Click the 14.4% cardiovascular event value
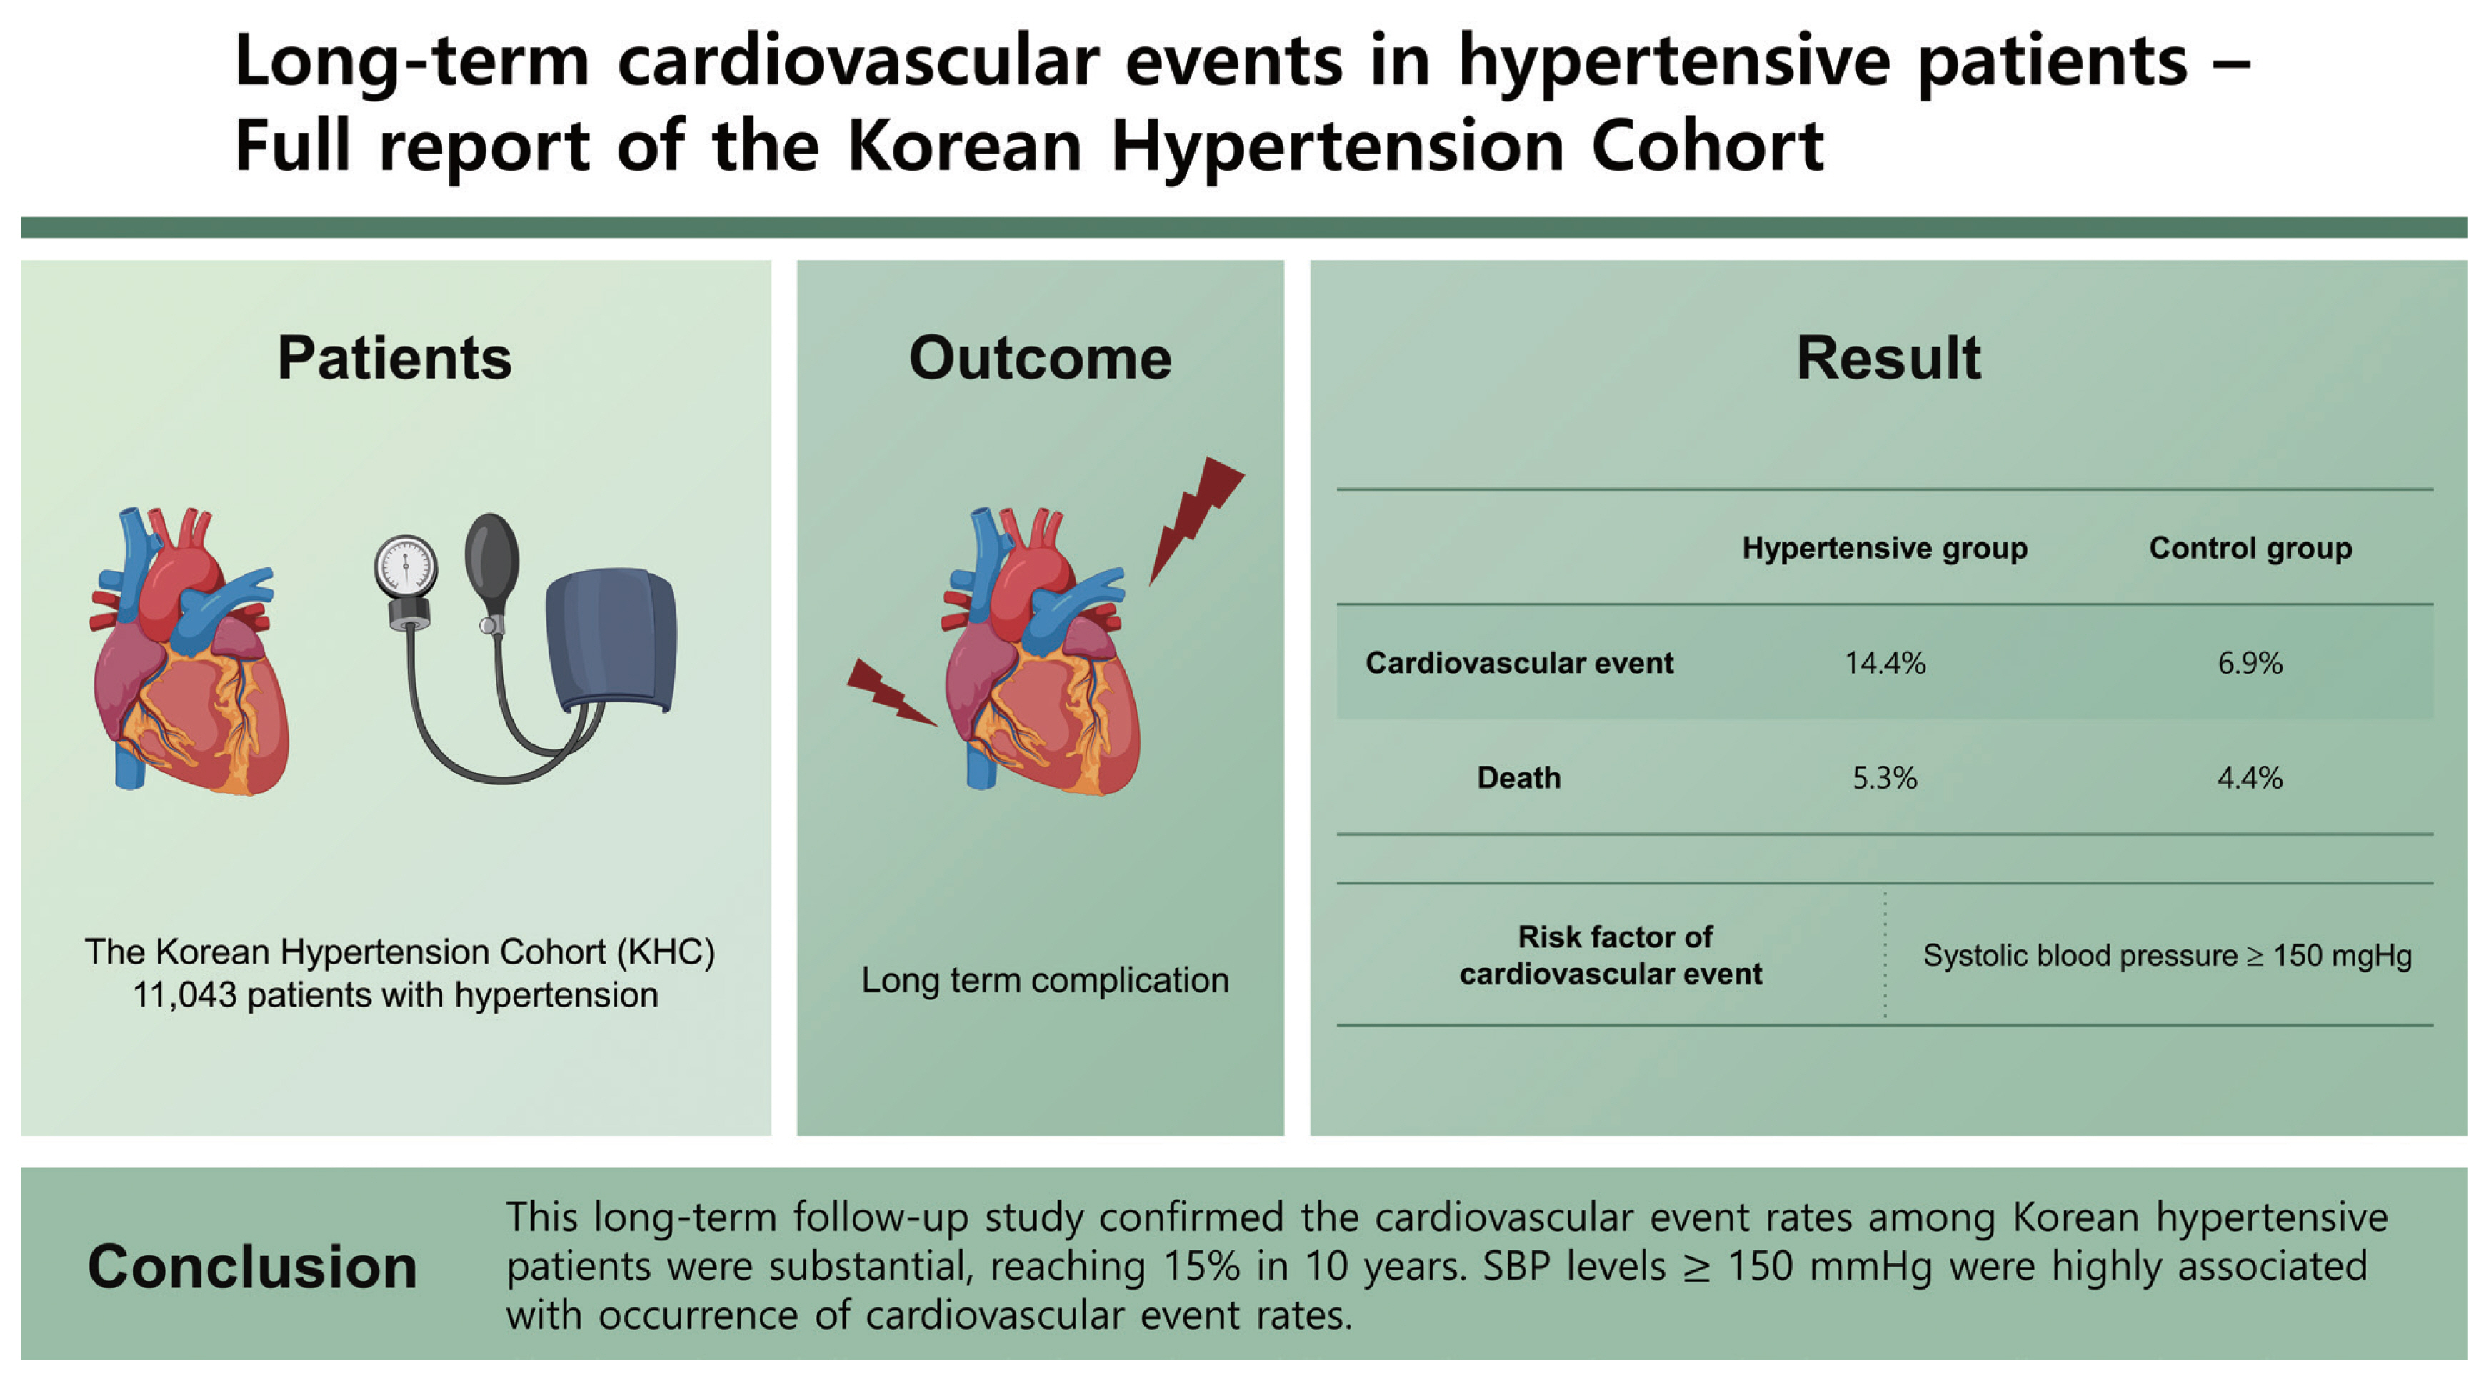pyautogui.click(x=1884, y=663)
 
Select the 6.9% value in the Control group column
pyautogui.click(x=2249, y=663)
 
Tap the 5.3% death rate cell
pyautogui.click(x=1884, y=778)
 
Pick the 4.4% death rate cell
pyautogui.click(x=2249, y=778)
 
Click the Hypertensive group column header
pyautogui.click(x=1884, y=548)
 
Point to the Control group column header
pyautogui.click(x=2249, y=548)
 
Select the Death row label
pyautogui.click(x=1518, y=778)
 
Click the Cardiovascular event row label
pyautogui.click(x=1518, y=663)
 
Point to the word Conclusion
pyautogui.click(x=252, y=1266)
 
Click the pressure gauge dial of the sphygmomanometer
pyautogui.click(x=406, y=567)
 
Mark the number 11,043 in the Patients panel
pyautogui.click(x=184, y=995)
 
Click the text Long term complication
pyautogui.click(x=1044, y=980)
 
